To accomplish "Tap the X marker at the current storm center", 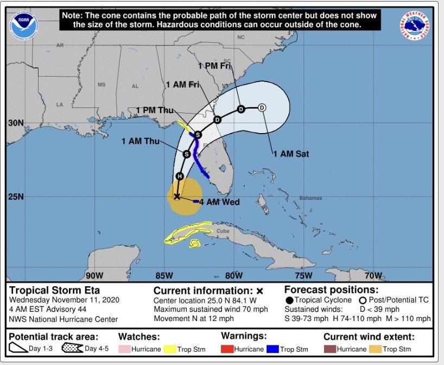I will click(176, 196).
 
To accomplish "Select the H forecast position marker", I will click(180, 176).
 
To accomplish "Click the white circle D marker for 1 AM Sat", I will click(262, 108).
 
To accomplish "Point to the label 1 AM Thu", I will click(138, 141).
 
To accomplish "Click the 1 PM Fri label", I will click(215, 66).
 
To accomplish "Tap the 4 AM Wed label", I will click(220, 202).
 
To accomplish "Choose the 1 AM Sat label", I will click(291, 154).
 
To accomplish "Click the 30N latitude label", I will click(15, 123).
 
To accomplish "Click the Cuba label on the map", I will click(223, 231).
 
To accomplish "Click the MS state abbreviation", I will click(102, 85).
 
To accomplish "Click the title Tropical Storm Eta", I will click(54, 290).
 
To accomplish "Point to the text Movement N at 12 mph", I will click(194, 319).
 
